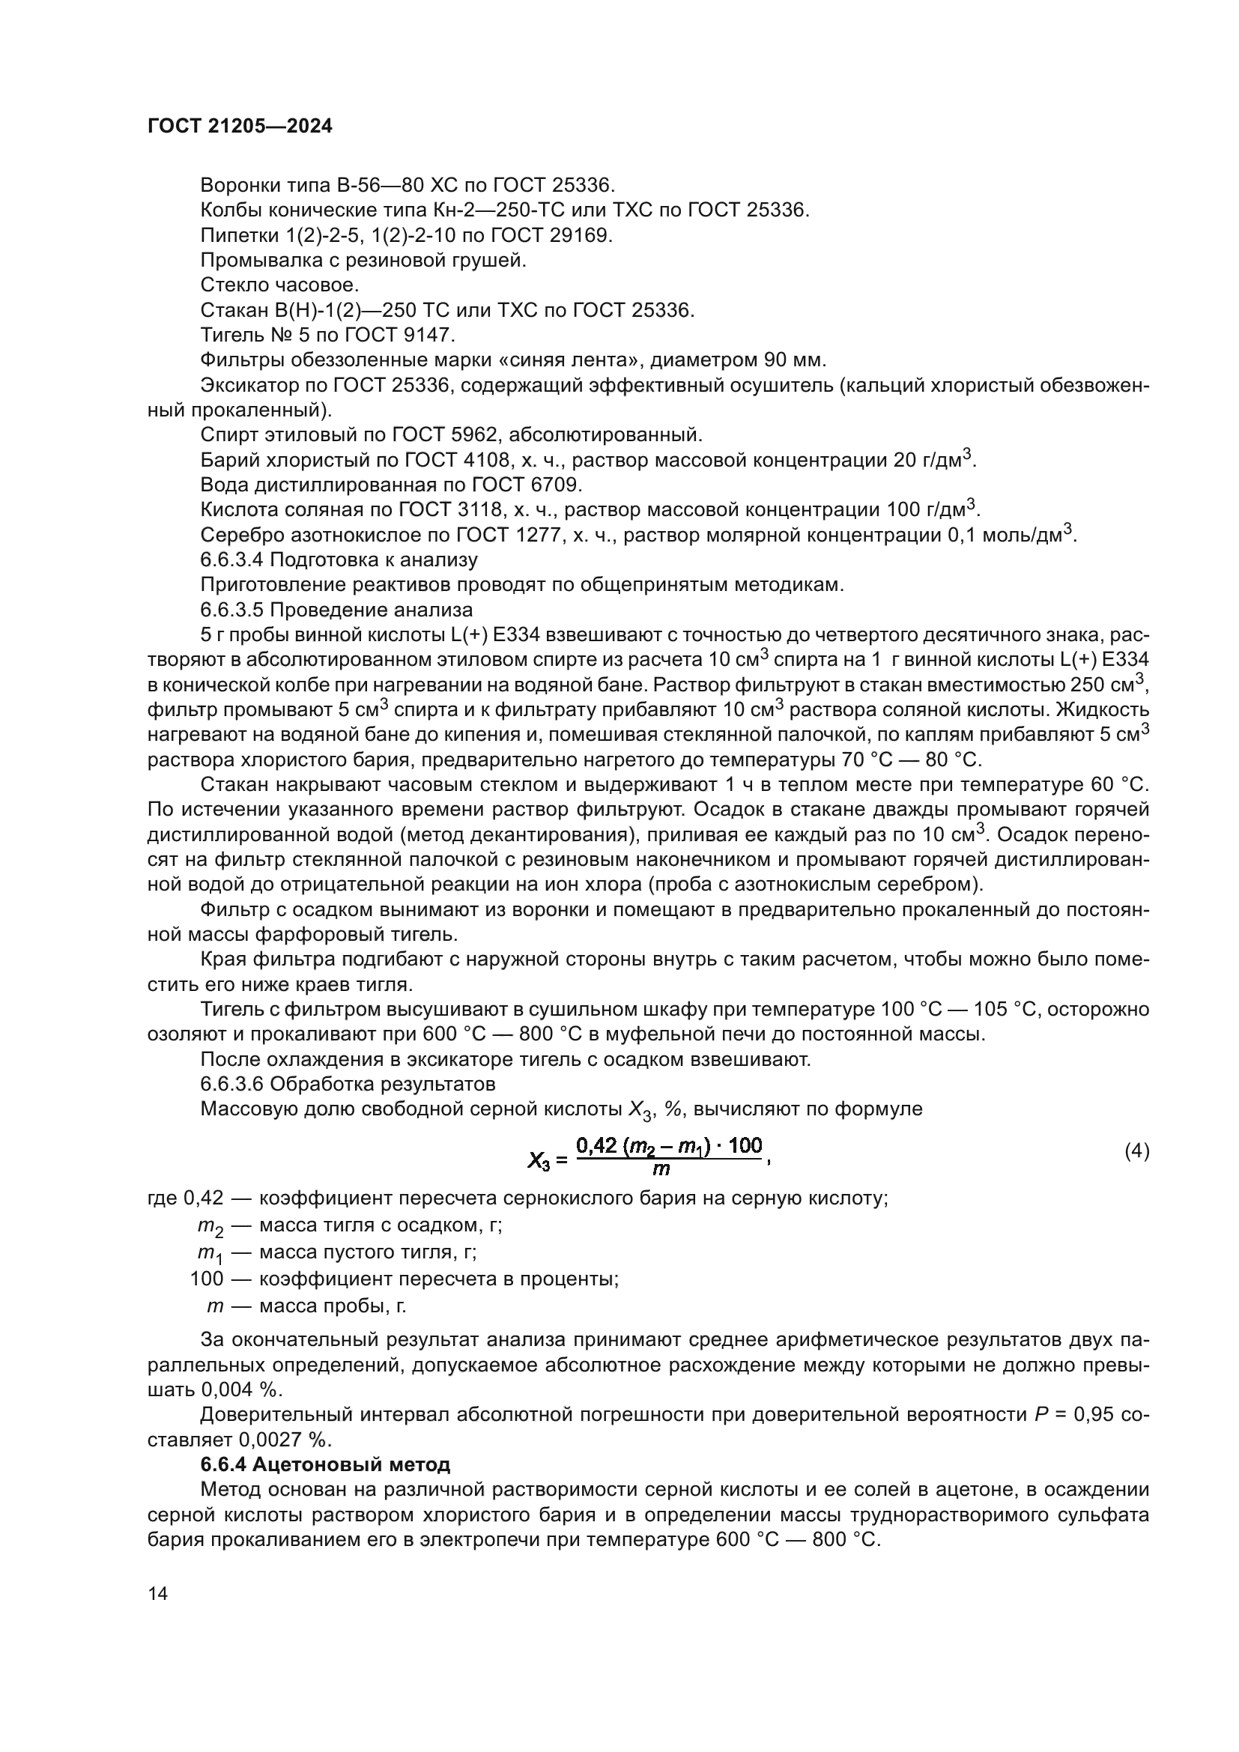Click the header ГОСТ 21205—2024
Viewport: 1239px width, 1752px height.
coord(240,127)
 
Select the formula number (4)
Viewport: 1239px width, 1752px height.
coord(1136,1151)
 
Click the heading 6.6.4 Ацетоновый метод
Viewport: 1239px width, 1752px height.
coord(325,1464)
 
